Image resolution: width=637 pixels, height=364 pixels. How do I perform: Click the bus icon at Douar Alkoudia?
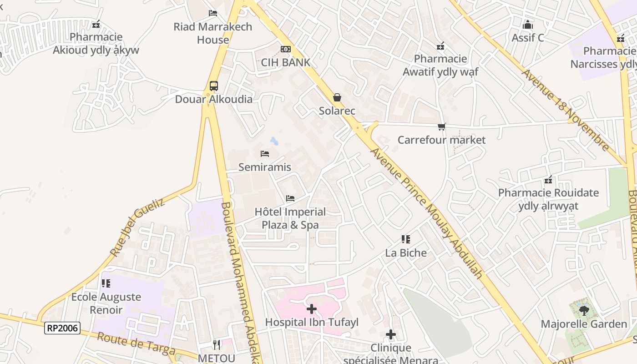pos(213,86)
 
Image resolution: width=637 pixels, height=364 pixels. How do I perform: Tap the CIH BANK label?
pos(285,62)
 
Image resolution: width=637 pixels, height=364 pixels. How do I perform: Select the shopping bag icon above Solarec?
pos(337,97)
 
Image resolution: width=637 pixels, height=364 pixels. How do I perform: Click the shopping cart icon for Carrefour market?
pos(441,126)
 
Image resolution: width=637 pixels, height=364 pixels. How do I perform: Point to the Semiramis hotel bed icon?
pos(265,154)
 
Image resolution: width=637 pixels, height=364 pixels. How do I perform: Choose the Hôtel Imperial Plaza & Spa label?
pos(290,218)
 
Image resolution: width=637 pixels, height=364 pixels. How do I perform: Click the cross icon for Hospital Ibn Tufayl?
pos(312,309)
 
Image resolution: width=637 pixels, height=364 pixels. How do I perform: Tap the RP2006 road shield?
pos(62,328)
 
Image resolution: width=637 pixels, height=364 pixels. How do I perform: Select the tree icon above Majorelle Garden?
pos(584,311)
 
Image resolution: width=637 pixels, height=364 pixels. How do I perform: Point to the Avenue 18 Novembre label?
pos(565,110)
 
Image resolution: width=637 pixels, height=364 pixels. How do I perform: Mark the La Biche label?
pos(406,253)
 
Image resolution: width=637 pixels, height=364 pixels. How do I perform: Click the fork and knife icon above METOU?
pos(217,345)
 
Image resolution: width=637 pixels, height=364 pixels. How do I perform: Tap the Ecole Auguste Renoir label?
pos(106,303)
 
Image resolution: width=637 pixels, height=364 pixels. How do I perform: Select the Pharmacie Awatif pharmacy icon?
pos(440,45)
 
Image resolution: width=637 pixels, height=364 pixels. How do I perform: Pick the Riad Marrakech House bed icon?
pos(213,13)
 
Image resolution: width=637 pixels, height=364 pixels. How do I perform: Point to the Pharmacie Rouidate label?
pos(548,199)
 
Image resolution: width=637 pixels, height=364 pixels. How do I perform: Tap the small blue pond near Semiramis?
pos(274,141)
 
